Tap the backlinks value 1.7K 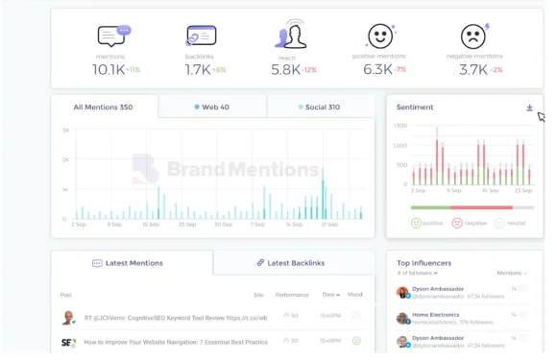(197, 69)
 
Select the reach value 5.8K (285, 69)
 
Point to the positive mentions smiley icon (380, 36)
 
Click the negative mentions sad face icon (473, 36)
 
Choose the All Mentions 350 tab (103, 107)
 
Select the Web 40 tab (211, 107)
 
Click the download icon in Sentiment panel (529, 108)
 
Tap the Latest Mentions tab (128, 262)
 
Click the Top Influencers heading (424, 262)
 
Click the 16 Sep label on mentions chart (151, 225)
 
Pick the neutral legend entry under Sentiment (511, 223)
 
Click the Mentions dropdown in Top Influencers (512, 274)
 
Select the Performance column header (292, 295)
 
